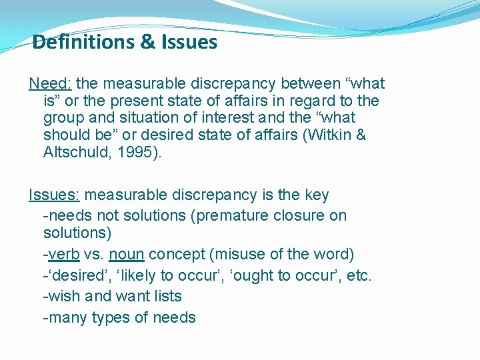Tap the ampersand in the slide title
[147, 43]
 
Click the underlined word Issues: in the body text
[54, 195]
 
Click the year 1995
[135, 153]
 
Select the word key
[315, 195]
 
